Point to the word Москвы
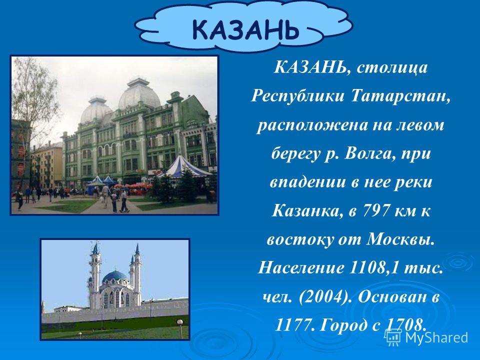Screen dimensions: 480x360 (400, 239)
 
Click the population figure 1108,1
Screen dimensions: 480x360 (374, 268)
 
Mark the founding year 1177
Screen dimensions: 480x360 (295, 325)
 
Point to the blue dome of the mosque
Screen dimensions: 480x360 (114, 276)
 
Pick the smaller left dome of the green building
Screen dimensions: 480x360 (96, 110)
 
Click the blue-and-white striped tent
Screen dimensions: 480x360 (183, 167)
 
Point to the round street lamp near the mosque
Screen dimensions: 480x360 (180, 322)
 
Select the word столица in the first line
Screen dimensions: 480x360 (392, 67)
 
